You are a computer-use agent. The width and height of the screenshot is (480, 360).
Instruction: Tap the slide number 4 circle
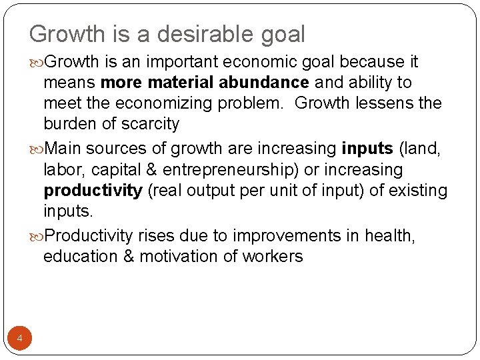pyautogui.click(x=19, y=339)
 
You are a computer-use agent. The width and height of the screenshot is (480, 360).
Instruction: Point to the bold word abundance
pyautogui.click(x=266, y=83)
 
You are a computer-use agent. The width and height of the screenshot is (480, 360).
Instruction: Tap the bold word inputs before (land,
pyautogui.click(x=367, y=148)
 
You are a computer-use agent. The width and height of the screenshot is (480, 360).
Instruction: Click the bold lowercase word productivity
pyautogui.click(x=93, y=191)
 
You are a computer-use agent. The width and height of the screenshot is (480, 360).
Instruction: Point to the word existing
pyautogui.click(x=415, y=190)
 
